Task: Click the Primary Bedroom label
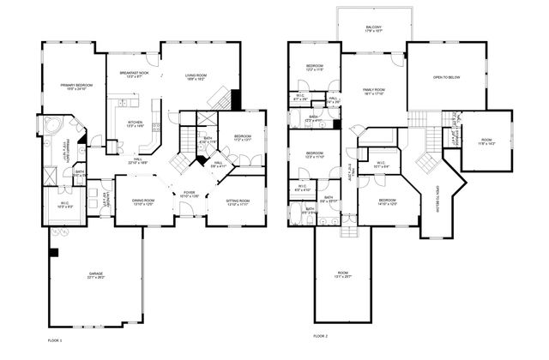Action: pyautogui.click(x=75, y=87)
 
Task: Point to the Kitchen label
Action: pyautogui.click(x=136, y=123)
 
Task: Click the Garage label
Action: pyautogui.click(x=95, y=276)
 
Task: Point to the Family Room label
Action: pyautogui.click(x=373, y=92)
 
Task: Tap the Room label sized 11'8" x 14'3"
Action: pyautogui.click(x=486, y=141)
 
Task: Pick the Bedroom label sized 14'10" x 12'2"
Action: pyautogui.click(x=388, y=202)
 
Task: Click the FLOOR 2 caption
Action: pyautogui.click(x=321, y=335)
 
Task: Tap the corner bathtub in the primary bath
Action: pyautogui.click(x=50, y=128)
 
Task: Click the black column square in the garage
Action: pyautogui.click(x=54, y=253)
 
